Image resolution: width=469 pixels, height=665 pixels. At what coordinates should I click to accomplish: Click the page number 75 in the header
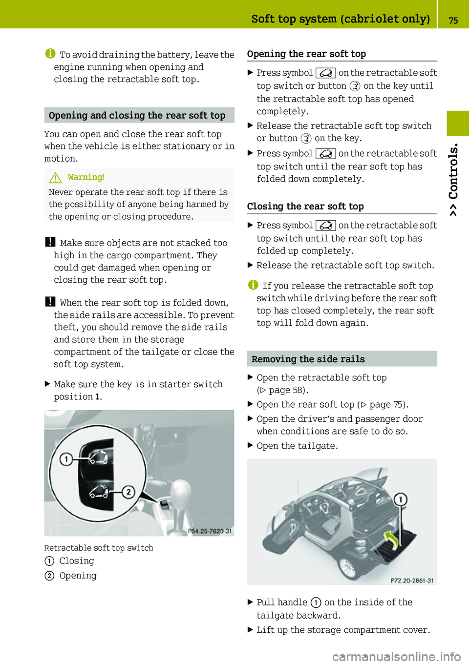pyautogui.click(x=453, y=20)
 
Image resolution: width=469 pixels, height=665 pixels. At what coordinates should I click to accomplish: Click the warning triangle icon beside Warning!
pyautogui.click(x=55, y=178)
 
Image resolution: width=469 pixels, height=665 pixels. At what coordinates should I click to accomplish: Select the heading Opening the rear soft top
pyautogui.click(x=306, y=54)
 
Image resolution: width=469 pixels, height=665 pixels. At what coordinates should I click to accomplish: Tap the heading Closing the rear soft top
pyautogui.click(x=305, y=206)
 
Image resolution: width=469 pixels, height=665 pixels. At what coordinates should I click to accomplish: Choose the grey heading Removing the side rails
pyautogui.click(x=308, y=359)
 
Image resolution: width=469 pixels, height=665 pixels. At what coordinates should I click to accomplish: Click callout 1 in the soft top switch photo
pyautogui.click(x=66, y=459)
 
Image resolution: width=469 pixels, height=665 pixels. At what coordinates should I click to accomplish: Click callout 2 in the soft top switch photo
pyautogui.click(x=128, y=491)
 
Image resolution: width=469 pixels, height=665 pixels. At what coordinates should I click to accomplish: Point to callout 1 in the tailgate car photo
pyautogui.click(x=400, y=499)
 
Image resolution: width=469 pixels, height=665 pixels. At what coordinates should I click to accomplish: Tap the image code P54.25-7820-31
pyautogui.click(x=210, y=531)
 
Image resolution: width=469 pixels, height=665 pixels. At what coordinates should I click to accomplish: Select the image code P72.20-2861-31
pyautogui.click(x=412, y=580)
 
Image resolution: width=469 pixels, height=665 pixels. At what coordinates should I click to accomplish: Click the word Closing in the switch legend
pyautogui.click(x=77, y=561)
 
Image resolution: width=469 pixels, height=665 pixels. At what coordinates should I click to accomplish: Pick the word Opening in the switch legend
pyautogui.click(x=78, y=576)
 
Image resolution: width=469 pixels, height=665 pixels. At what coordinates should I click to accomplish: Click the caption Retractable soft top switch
pyautogui.click(x=99, y=548)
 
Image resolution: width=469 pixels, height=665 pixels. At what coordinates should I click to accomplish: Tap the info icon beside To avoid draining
pyautogui.click(x=50, y=54)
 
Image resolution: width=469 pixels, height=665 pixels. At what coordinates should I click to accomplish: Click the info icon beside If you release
pyautogui.click(x=253, y=285)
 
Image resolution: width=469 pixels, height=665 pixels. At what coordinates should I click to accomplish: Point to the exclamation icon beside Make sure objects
pyautogui.click(x=50, y=242)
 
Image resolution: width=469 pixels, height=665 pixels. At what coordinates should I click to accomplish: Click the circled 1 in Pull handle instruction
pyautogui.click(x=316, y=603)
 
